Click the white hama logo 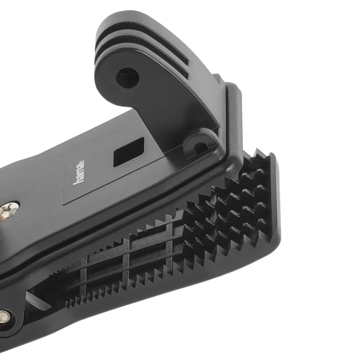78,172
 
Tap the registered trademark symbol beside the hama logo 82,161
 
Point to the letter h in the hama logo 78,181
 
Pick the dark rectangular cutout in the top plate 129,152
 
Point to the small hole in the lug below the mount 200,148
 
